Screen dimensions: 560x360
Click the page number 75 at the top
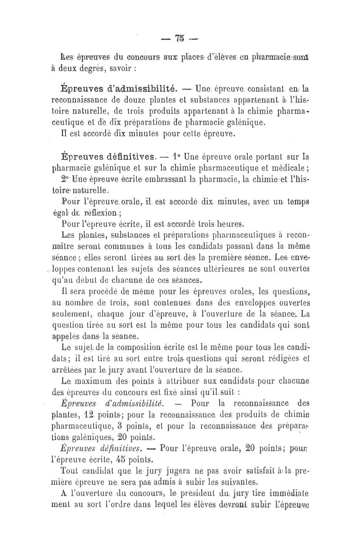click(x=180, y=38)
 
